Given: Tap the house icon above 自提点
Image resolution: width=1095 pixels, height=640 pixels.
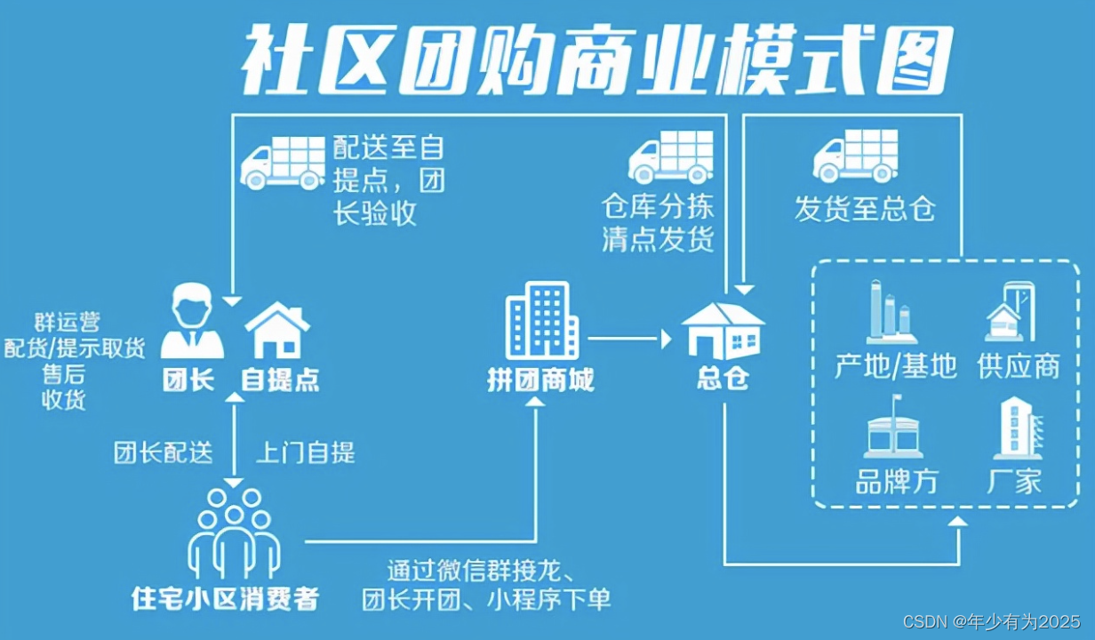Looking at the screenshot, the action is [277, 330].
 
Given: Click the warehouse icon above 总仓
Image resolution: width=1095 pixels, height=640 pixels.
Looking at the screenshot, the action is [723, 331].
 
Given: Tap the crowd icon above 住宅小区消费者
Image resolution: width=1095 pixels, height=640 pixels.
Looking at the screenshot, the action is [234, 534].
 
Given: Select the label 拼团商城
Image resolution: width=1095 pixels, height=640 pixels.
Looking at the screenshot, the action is [540, 380].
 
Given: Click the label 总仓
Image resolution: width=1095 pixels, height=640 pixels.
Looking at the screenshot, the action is [723, 379].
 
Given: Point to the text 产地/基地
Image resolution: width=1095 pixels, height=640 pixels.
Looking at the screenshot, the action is [896, 365].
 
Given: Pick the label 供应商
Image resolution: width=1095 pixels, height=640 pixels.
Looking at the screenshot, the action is [1019, 365].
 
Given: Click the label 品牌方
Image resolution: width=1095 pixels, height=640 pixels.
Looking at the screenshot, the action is [897, 482].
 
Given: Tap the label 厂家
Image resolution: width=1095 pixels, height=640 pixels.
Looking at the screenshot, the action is [1014, 482].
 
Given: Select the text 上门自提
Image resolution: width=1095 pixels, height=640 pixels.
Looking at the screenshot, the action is [306, 452].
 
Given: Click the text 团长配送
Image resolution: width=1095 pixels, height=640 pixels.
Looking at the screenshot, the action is [164, 452].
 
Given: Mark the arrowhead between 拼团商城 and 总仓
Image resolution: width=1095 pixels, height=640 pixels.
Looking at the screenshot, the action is [667, 339].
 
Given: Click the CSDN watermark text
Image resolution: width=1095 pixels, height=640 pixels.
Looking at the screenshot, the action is [991, 621].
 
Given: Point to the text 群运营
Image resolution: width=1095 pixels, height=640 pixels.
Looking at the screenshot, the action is [68, 323].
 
